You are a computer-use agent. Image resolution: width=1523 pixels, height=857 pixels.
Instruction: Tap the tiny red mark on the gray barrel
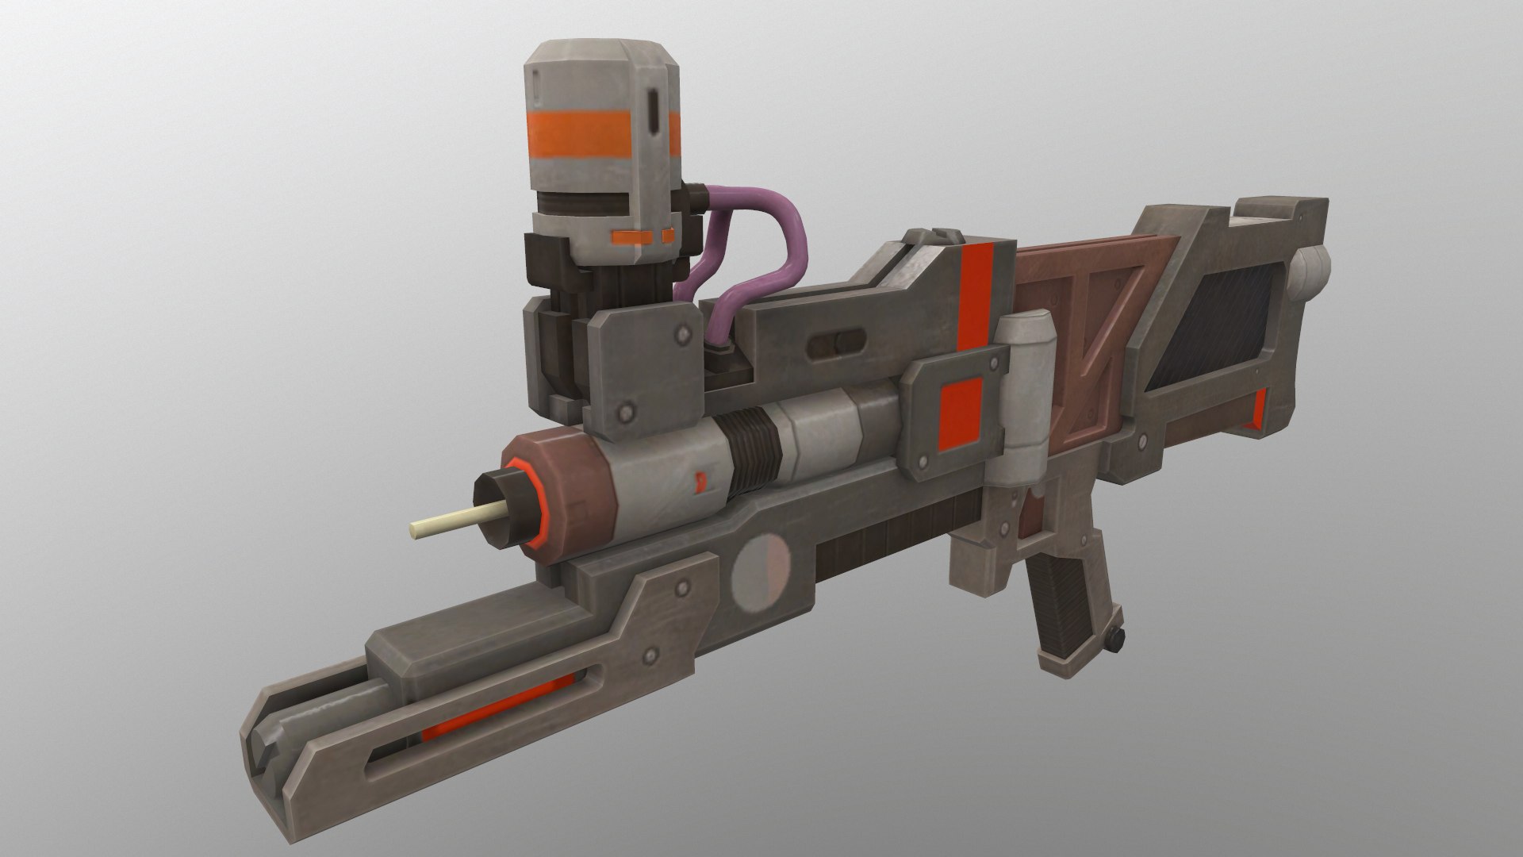click(700, 479)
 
